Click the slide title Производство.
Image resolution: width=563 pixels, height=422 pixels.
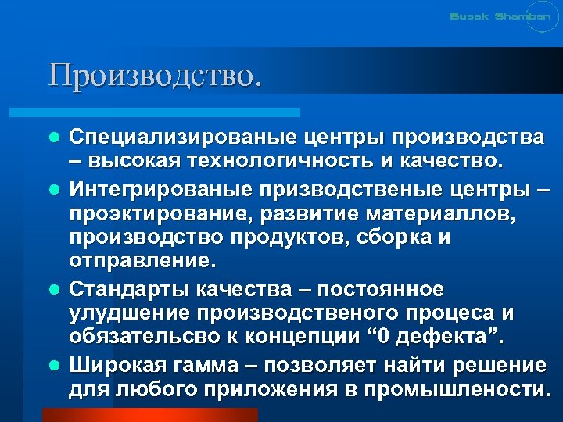154,75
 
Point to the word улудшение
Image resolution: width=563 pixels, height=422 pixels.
126,313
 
